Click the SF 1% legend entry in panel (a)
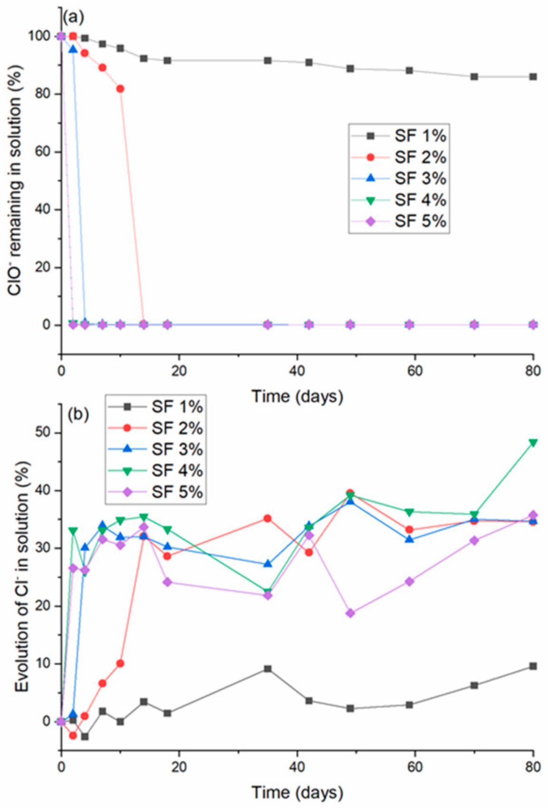[x=399, y=136]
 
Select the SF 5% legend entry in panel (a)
[x=399, y=221]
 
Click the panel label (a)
[x=73, y=18]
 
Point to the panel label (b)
[x=78, y=414]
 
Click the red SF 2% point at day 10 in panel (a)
[x=120, y=89]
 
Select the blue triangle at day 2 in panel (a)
[x=73, y=49]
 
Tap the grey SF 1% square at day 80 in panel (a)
[x=533, y=77]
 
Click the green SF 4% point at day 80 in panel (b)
[x=533, y=442]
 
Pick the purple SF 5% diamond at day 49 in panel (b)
[x=350, y=613]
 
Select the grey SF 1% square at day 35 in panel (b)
[x=268, y=669]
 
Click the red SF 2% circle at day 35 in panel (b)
[x=268, y=519]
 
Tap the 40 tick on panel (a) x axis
[x=297, y=371]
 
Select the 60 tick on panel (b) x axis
[x=415, y=767]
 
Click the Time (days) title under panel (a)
[x=297, y=396]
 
